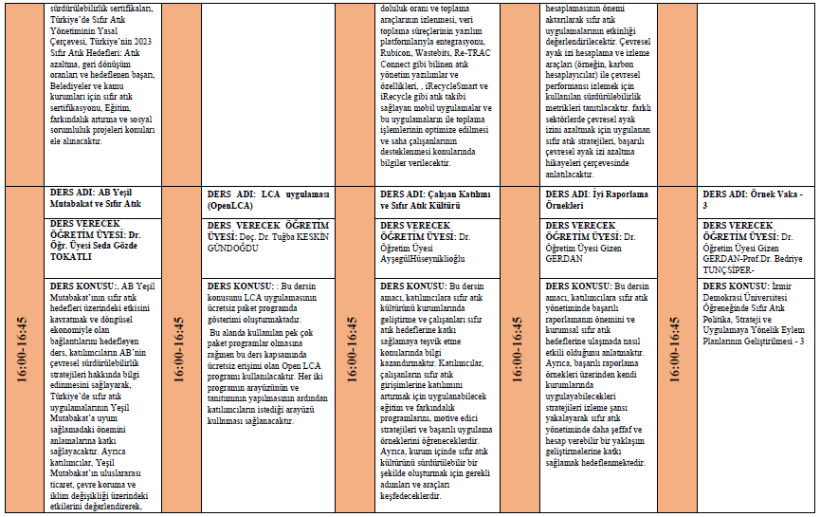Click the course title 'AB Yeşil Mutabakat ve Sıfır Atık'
point(95,196)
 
